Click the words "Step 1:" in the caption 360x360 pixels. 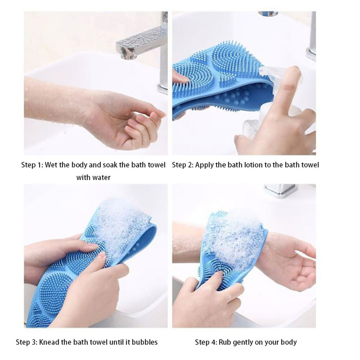tap(32, 165)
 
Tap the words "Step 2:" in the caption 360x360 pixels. tap(183, 165)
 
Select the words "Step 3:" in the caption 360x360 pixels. tap(26, 342)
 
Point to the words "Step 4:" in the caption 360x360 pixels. tap(206, 342)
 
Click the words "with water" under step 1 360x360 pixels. tap(93, 177)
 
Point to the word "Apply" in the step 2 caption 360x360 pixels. tap(204, 165)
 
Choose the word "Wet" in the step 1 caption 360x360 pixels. tap(51, 165)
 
